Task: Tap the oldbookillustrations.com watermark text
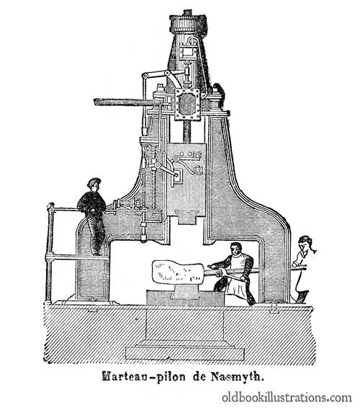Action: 287,398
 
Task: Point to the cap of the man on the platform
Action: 94,182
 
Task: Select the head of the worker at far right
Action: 305,244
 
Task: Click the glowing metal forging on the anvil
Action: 178,273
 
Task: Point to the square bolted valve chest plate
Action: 187,104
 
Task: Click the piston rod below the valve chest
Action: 187,131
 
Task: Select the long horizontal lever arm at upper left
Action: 127,102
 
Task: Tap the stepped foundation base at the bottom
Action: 185,351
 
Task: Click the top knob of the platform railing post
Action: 51,205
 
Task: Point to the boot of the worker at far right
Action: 302,297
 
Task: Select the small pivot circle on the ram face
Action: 176,159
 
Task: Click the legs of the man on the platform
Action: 96,234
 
